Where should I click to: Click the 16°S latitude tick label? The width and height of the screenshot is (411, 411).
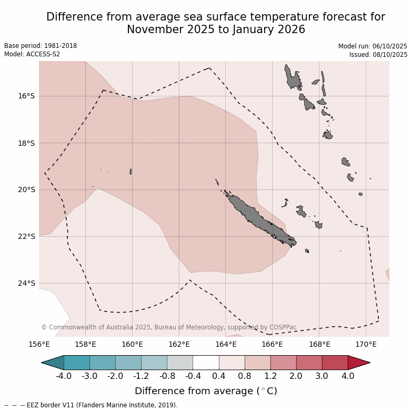pos(26,96)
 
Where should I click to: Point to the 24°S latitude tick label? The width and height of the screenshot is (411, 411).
pos(26,284)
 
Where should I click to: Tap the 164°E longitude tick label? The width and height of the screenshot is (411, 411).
pos(226,345)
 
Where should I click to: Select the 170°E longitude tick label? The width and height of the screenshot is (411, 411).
pos(366,345)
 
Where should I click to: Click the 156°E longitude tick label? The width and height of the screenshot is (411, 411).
pos(39,345)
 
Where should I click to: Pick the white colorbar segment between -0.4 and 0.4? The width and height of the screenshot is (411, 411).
pos(206,363)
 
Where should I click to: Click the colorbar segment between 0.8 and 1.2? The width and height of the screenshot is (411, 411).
pos(257,363)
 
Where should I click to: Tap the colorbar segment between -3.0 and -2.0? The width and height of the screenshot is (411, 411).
pos(103,363)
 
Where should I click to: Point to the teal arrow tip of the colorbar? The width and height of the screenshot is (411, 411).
pos(52,363)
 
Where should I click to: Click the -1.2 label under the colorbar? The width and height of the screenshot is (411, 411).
pos(141,376)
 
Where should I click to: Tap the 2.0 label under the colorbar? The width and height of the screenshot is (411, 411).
pos(296,376)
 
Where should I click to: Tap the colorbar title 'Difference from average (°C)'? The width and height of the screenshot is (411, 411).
pos(206,391)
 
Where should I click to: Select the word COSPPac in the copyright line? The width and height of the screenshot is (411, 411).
pos(283,327)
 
